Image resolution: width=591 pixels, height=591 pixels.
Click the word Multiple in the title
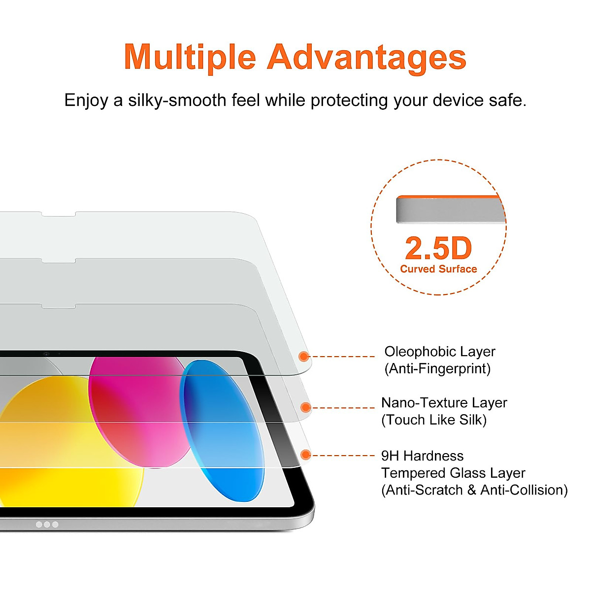click(190, 58)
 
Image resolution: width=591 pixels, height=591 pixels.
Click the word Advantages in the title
click(366, 58)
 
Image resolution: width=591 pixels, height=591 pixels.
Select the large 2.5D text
click(438, 248)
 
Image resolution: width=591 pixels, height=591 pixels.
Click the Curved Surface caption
click(438, 269)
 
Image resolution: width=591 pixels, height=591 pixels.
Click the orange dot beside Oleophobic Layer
click(304, 356)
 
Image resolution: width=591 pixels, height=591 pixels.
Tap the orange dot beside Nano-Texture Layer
click(305, 407)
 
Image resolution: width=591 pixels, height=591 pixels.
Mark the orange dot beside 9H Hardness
click(305, 455)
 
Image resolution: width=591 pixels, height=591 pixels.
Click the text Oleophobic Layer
click(439, 352)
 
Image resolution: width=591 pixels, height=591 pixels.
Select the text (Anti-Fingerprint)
click(437, 368)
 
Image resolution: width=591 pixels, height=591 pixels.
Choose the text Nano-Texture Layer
click(444, 403)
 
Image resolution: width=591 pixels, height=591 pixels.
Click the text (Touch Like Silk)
click(434, 420)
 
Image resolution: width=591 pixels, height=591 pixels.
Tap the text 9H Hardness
click(422, 456)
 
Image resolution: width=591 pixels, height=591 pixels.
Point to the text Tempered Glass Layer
click(453, 473)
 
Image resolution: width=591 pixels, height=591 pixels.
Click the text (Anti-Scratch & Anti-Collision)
click(474, 490)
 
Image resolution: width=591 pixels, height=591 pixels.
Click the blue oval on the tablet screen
click(222, 428)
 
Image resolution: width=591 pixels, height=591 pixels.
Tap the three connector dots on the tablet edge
click(47, 525)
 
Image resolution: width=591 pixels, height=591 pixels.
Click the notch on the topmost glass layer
click(58, 215)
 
